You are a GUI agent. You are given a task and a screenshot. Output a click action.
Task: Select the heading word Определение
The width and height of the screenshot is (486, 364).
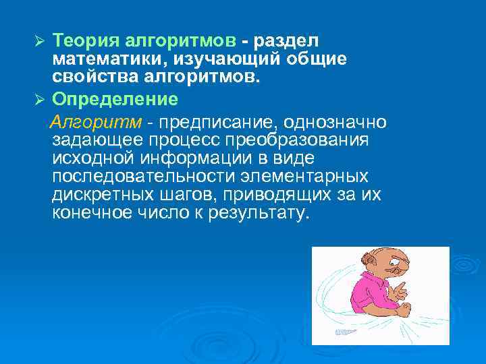pos(115,100)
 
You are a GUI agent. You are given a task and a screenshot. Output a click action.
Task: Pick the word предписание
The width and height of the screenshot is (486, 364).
pos(219,122)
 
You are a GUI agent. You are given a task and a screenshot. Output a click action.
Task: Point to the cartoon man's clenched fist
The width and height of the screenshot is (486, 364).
pos(404,309)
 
